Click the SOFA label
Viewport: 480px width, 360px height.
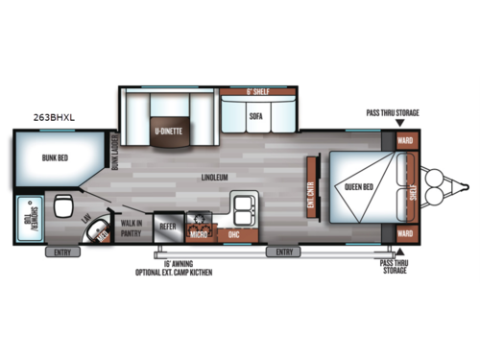[255, 115]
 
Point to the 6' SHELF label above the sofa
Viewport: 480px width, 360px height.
[256, 92]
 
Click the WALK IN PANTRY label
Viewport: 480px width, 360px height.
[130, 228]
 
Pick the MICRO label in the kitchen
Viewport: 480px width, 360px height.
[199, 233]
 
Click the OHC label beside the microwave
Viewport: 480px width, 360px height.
[233, 233]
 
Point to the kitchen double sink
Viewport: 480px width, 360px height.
[242, 206]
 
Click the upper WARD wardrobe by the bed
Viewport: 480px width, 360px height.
[404, 139]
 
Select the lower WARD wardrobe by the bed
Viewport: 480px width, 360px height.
[404, 232]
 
